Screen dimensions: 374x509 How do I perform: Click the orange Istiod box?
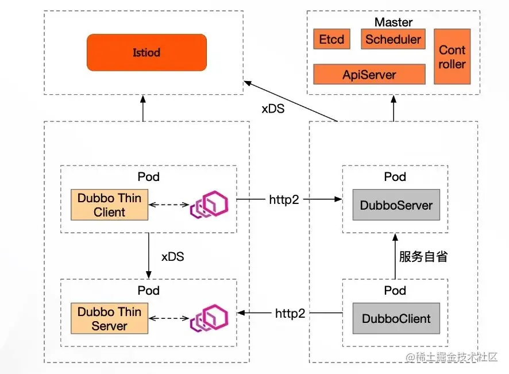146,52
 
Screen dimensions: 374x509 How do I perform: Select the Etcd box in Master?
331,40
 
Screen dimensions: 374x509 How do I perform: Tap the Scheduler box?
393,40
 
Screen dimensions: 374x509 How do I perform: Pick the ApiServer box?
369,74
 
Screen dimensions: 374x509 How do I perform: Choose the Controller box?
452,57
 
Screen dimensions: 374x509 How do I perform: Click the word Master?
394,22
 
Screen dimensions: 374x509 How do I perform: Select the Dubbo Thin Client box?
109,205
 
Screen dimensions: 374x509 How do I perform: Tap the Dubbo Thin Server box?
109,319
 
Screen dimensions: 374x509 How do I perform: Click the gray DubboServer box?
396,205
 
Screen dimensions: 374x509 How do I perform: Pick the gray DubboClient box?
396,319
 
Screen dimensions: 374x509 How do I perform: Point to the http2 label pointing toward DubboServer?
283,200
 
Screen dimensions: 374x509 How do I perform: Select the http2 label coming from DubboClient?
290,314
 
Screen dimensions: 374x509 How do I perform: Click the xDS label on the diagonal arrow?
273,108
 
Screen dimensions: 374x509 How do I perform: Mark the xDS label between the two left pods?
172,257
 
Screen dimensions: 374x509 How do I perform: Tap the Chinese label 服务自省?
423,256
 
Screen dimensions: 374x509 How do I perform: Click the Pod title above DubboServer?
395,176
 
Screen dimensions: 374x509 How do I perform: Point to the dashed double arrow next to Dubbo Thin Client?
168,205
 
